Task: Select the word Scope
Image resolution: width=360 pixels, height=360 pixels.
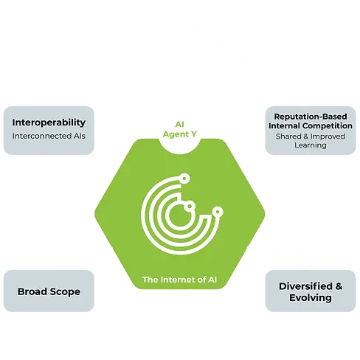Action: [66, 291]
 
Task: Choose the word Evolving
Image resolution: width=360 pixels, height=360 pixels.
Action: [309, 298]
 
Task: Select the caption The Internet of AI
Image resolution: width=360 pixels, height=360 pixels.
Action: [180, 280]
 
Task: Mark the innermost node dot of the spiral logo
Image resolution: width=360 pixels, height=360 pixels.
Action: [189, 204]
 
